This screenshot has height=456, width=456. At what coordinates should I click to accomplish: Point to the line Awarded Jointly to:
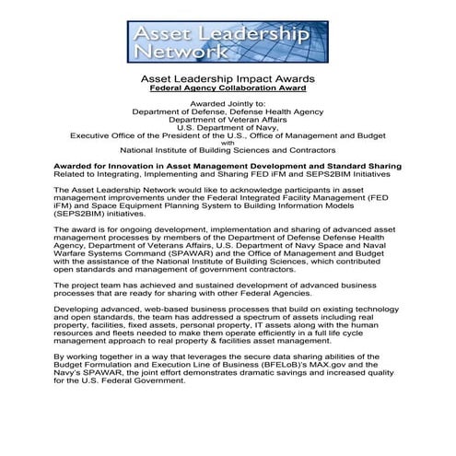[228, 106]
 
